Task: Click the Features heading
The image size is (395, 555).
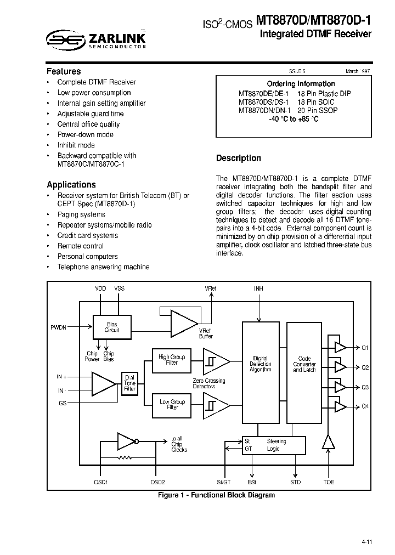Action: coord(64,71)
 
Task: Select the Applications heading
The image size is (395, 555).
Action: coord(71,185)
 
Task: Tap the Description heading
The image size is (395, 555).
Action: coord(239,158)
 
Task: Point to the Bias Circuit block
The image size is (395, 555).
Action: coord(112,327)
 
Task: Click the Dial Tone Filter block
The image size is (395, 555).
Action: coord(129,383)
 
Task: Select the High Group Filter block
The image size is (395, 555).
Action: coord(172,360)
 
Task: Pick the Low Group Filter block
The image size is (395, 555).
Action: coord(172,405)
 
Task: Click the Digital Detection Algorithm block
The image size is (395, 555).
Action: coord(260,364)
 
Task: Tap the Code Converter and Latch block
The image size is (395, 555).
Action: coord(304,364)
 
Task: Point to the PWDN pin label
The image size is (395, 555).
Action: coord(58,327)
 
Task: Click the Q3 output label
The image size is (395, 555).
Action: coord(365,387)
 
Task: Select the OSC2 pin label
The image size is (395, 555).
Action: coord(157,483)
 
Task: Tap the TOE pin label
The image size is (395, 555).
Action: coord(329,483)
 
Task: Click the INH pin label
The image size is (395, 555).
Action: coord(259,288)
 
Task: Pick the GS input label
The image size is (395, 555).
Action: coord(62,404)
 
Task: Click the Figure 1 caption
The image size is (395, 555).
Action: coord(216,495)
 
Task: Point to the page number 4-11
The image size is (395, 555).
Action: coord(367,542)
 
